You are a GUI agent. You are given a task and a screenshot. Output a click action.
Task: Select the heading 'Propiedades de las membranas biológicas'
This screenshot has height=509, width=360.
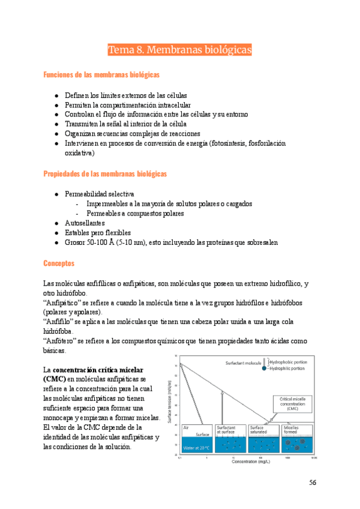pos(105,174)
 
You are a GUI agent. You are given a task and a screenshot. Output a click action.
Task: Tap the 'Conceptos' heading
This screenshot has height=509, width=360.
pos(59,264)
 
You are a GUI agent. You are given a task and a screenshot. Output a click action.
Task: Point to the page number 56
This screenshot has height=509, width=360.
pos(313,482)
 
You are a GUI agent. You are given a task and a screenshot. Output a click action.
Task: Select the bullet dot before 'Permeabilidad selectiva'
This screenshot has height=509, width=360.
pos(56,194)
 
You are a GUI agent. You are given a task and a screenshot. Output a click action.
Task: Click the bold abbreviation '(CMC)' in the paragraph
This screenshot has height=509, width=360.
pos(55,379)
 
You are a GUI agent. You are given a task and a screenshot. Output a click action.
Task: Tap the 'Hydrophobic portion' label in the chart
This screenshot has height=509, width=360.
pos(295,363)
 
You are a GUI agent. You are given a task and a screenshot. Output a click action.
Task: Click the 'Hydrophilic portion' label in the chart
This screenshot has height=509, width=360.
pos(293,369)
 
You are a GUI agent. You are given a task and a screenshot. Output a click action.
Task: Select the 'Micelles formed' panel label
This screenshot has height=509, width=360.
pos(292,429)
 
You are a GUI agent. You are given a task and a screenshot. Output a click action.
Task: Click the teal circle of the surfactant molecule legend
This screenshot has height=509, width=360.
pos(265,369)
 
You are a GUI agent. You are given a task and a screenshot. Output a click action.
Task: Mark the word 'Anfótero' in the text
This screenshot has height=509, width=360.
pos(60,340)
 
